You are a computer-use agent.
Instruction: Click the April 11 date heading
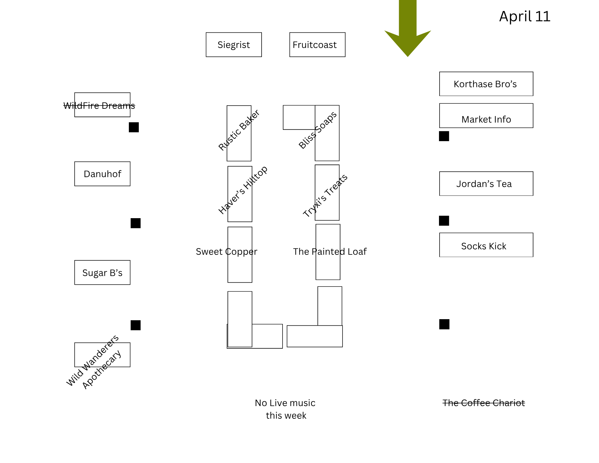tap(525, 16)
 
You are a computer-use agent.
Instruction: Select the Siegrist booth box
tap(234, 45)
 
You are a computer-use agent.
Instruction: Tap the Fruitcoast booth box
tap(317, 45)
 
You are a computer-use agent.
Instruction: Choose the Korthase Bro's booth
tap(486, 84)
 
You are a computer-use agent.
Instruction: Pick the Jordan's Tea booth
tap(486, 184)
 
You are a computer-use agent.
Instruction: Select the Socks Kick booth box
tap(486, 245)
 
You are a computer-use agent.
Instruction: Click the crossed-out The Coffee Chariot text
tap(484, 403)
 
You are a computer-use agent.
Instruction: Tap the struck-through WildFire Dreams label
tap(99, 105)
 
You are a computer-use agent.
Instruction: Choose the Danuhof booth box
tap(102, 174)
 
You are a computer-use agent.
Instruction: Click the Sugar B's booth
tap(102, 273)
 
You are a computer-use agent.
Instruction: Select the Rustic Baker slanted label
tap(239, 130)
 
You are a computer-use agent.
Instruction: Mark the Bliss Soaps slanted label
tap(318, 130)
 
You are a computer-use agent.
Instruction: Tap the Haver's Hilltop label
tap(243, 190)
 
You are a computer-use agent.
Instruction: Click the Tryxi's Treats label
tap(325, 196)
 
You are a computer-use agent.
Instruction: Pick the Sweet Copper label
tap(227, 252)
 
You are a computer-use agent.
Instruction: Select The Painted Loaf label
tap(330, 252)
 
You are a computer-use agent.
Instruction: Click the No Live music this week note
tap(285, 409)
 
